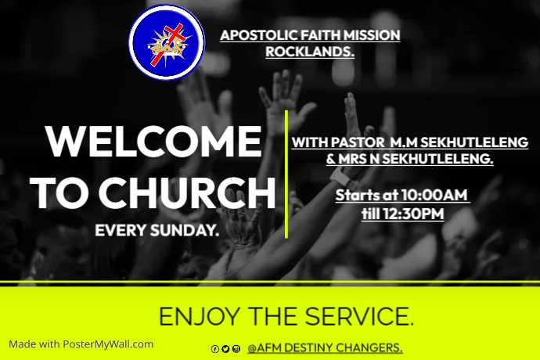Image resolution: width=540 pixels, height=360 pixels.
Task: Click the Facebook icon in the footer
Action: click(215, 349)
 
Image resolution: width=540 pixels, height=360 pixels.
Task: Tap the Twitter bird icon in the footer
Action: click(225, 349)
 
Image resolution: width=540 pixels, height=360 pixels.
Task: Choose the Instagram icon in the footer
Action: click(236, 349)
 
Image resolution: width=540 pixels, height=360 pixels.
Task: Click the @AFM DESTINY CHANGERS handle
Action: click(325, 347)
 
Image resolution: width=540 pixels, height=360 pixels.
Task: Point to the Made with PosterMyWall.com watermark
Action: click(81, 344)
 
